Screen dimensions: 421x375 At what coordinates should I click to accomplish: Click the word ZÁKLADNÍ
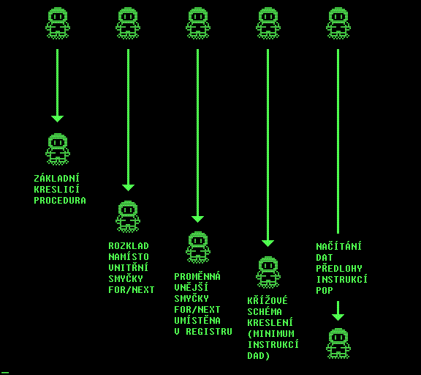coord(57,179)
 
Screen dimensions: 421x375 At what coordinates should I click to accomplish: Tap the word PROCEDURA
coord(60,201)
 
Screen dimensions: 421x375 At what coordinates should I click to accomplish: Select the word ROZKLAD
coord(129,246)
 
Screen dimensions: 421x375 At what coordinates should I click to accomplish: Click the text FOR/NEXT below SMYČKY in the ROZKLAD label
coord(132,290)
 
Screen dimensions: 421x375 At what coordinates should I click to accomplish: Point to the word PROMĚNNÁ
coord(197,277)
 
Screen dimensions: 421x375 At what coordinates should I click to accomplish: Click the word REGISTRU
coord(209,331)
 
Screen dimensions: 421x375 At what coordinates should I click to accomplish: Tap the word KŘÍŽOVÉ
coord(268,300)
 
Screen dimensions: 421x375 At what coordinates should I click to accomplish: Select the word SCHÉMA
coord(265,312)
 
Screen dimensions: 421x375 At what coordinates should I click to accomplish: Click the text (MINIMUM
coord(270,334)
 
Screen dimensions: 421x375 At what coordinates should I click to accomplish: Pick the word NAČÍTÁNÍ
coord(339,246)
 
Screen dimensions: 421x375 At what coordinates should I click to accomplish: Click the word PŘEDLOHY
coord(339,269)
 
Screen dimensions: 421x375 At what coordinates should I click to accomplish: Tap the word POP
coord(325,291)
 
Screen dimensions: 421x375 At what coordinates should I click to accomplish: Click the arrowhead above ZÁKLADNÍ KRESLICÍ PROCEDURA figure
coord(58,119)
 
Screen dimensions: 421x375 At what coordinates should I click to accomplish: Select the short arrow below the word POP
coord(338,311)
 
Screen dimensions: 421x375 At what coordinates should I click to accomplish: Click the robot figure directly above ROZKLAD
coord(128,217)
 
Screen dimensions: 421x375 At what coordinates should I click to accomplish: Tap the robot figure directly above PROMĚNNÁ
coord(198,248)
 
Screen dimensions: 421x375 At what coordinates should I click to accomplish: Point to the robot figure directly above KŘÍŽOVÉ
coord(268,272)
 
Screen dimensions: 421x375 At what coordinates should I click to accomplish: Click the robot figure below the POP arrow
coord(338,344)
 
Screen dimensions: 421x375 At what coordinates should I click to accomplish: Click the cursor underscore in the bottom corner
coord(5,373)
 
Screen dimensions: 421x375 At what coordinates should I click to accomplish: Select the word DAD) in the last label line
coord(259,356)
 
